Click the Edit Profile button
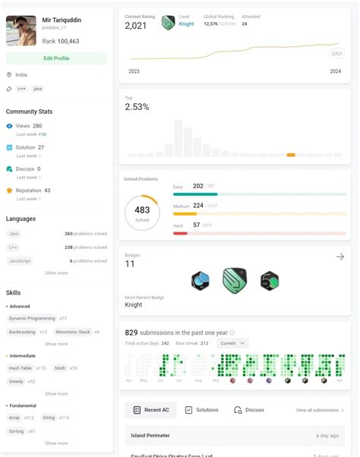(x=56, y=58)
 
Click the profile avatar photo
(x=21, y=30)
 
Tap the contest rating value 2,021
(x=136, y=26)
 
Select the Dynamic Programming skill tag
(x=31, y=318)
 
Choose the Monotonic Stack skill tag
(x=73, y=332)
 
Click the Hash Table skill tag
(x=21, y=367)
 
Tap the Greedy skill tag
(x=17, y=381)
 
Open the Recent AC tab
(x=151, y=410)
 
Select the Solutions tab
(x=202, y=410)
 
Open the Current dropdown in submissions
(x=232, y=343)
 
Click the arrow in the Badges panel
(x=339, y=257)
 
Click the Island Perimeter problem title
(x=151, y=435)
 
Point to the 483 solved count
(x=142, y=210)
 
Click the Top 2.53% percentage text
(x=137, y=108)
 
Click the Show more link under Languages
(x=56, y=273)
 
